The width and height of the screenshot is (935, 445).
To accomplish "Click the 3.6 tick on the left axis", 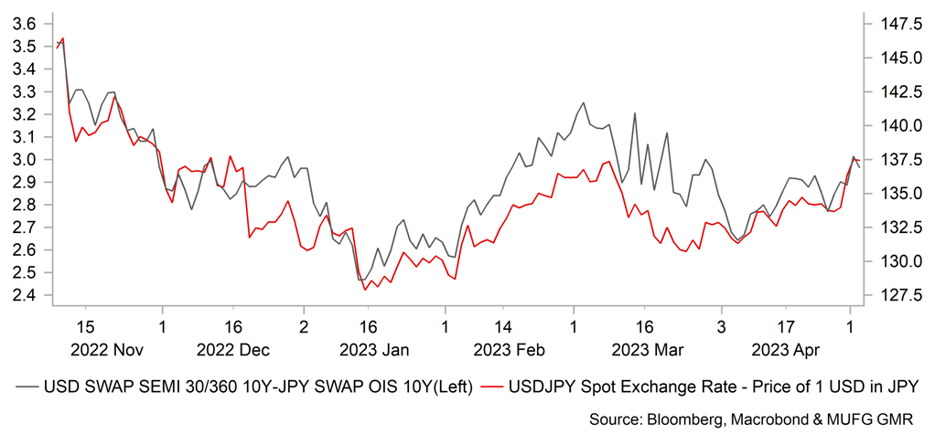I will click(x=23, y=24).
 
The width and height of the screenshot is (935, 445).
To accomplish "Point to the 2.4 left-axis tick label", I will click(x=23, y=295).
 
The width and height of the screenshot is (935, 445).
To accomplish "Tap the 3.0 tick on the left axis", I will click(x=23, y=160).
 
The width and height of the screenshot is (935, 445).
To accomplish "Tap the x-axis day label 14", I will click(x=503, y=326).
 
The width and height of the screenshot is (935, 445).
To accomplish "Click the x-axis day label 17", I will click(x=785, y=326).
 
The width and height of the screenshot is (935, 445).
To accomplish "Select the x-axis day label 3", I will click(x=721, y=326).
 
